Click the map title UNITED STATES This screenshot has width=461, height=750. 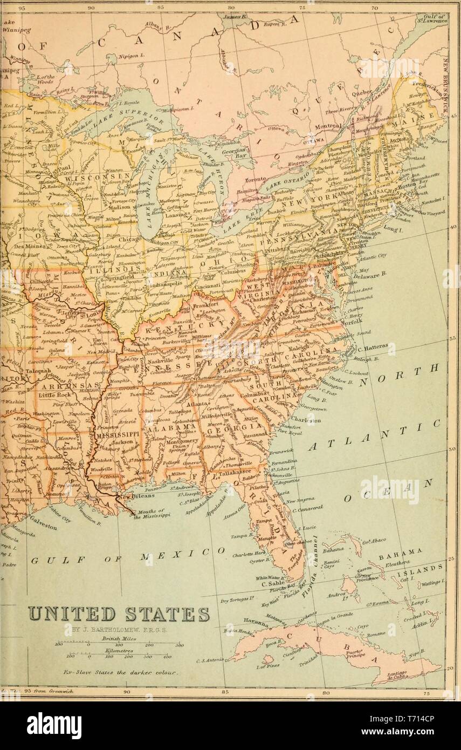point(119,614)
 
